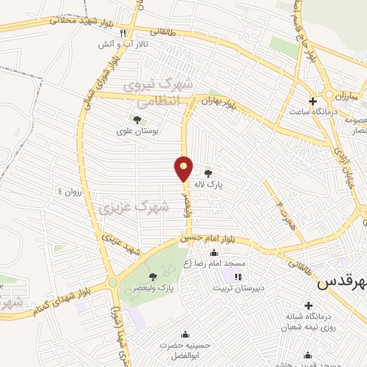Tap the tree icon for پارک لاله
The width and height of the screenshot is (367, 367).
tap(209, 173)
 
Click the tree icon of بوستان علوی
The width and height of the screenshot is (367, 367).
tap(137, 120)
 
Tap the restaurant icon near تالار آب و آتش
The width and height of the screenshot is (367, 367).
tap(123, 33)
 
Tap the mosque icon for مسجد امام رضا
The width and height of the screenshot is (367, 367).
tap(214, 252)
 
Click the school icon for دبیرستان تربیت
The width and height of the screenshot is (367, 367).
tap(238, 276)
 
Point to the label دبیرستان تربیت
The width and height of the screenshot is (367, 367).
tap(238, 288)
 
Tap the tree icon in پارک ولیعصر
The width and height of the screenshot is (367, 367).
tap(152, 276)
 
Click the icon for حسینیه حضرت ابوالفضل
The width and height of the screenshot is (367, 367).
tap(186, 333)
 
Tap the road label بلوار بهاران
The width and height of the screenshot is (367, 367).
tap(219, 102)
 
